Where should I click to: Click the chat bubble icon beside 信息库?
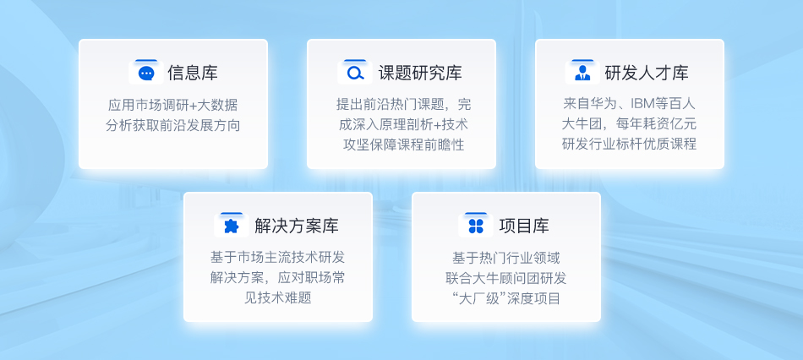146,74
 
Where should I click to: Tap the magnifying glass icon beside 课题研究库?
355,74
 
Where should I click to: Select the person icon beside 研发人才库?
582,74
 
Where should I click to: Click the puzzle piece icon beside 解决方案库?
232,226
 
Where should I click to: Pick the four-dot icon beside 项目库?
476,226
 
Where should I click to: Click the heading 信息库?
193,74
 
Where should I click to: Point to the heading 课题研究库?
420,74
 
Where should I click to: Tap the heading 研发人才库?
647,74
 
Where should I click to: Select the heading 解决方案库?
297,226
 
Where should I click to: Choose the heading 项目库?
524,226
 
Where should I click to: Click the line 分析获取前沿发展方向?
173,125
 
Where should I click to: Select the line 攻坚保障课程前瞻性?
403,145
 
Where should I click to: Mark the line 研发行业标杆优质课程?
630,145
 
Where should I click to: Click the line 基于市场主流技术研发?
277,258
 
